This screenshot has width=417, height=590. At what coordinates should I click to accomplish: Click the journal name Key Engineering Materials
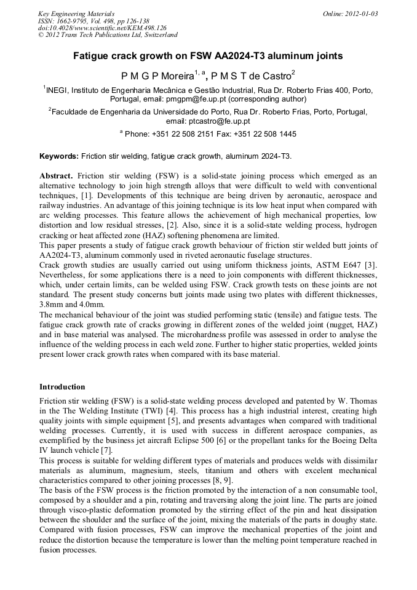tap(76, 14)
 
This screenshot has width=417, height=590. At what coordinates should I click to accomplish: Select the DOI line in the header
tap(102, 28)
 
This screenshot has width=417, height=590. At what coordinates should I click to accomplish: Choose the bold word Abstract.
tap(56, 176)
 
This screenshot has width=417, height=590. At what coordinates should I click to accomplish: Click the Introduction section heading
tap(62, 387)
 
